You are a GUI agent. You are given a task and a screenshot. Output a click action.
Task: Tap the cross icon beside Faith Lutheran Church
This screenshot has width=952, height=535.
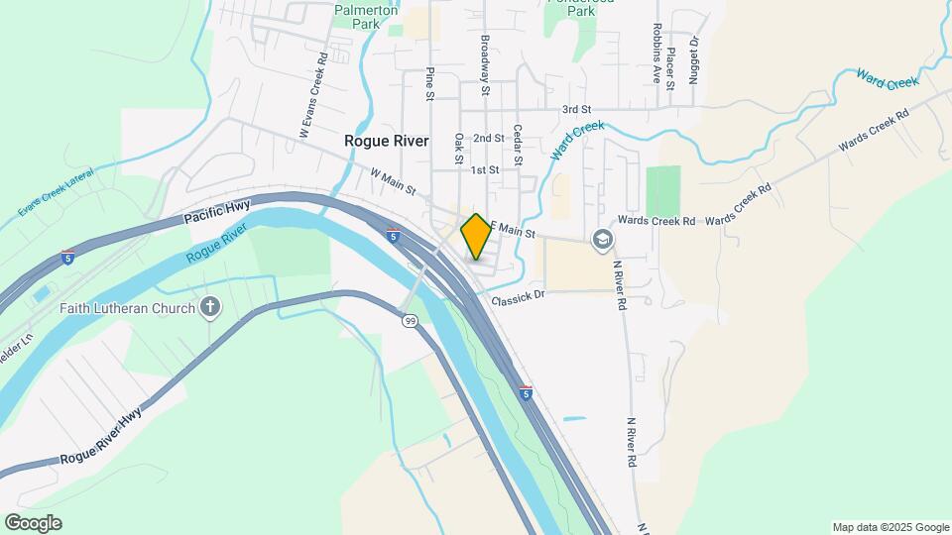click(x=209, y=308)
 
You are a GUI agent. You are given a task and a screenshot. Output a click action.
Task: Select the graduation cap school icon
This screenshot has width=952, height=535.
click(x=602, y=239)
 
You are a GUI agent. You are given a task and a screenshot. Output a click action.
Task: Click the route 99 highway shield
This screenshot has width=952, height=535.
click(x=410, y=320)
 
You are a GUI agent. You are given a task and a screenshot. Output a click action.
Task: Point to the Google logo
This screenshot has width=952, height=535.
click(x=33, y=523)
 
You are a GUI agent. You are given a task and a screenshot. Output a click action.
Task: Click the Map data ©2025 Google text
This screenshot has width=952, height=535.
click(x=891, y=527)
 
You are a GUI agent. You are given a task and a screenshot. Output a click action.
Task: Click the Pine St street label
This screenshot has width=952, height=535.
click(x=430, y=84)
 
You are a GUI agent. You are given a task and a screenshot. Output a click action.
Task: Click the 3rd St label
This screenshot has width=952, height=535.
click(x=575, y=109)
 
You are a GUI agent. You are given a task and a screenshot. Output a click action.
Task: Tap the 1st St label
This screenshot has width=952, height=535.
click(x=484, y=170)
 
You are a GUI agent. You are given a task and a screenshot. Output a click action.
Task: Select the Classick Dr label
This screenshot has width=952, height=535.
click(x=518, y=295)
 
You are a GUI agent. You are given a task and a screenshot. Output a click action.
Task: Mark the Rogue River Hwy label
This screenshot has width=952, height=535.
click(x=101, y=435)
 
